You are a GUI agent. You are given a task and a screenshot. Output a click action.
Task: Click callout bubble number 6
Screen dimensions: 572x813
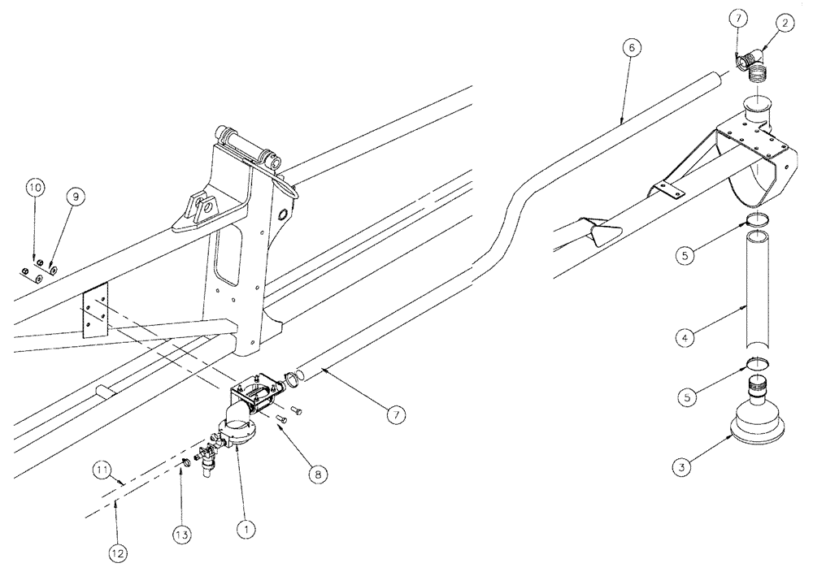tap(634, 47)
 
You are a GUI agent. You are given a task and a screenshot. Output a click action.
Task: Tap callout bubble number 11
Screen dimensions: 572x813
tap(102, 470)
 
